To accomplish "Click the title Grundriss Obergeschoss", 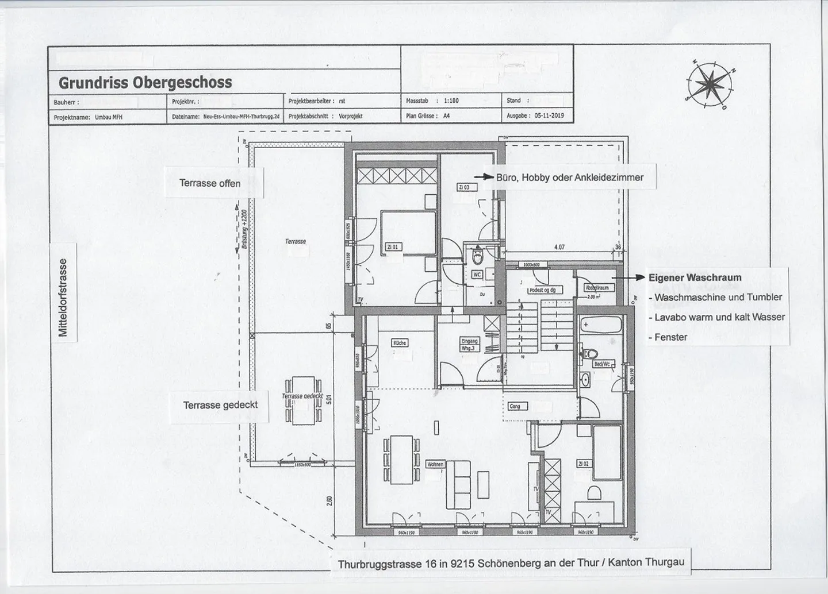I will (x=145, y=83).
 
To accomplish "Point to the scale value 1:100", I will (x=451, y=101).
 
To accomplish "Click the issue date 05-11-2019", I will (x=549, y=115).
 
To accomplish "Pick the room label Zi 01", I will (x=393, y=247).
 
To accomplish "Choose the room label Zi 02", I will (x=583, y=463).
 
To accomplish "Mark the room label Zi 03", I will (x=463, y=187).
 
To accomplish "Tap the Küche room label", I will (x=399, y=342).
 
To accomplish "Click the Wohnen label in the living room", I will (x=435, y=464).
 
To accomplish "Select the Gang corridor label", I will (x=515, y=406).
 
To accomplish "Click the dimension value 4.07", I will (x=558, y=248).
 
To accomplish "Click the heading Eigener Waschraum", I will (x=695, y=277).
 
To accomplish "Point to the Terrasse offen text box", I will (x=210, y=183).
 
